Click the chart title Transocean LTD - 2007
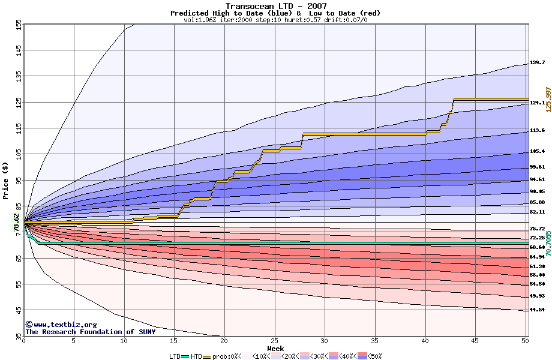[275, 6]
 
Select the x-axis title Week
[276, 348]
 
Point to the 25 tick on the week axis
[274, 341]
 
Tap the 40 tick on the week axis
[425, 341]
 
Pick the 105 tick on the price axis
[19, 154]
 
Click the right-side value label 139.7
[537, 62]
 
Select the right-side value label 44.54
[537, 310]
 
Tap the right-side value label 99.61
[537, 167]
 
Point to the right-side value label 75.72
[537, 229]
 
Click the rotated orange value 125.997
[547, 99]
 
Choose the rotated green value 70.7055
[547, 243]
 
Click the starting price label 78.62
[16, 223]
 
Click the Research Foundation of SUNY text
[90, 332]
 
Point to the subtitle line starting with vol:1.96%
[275, 20]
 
